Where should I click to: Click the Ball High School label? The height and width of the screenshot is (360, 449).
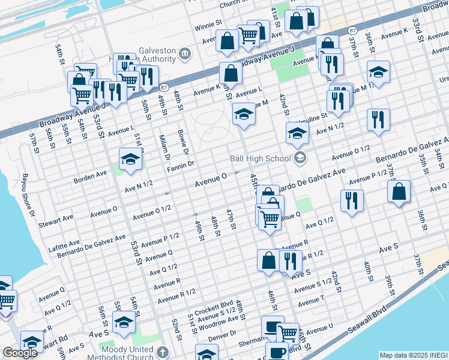pyautogui.click(x=260, y=159)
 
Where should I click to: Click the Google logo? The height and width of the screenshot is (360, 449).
pyautogui.click(x=20, y=353)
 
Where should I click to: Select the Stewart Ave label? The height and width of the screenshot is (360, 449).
pyautogui.click(x=56, y=224)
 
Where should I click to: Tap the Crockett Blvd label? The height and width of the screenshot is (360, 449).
pyautogui.click(x=213, y=304)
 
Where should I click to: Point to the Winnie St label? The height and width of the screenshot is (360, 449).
pyautogui.click(x=208, y=28)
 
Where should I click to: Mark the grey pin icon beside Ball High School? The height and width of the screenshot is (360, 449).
pyautogui.click(x=298, y=159)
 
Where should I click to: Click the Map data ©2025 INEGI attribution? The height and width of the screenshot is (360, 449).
pyautogui.click(x=413, y=355)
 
